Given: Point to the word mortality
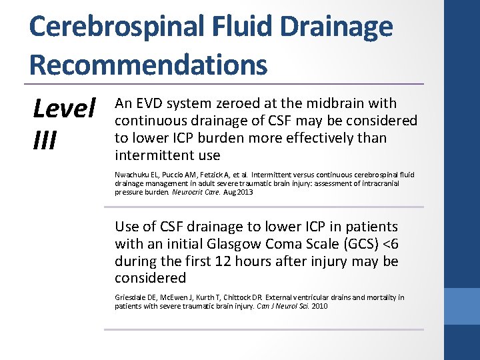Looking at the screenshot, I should [381, 297].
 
